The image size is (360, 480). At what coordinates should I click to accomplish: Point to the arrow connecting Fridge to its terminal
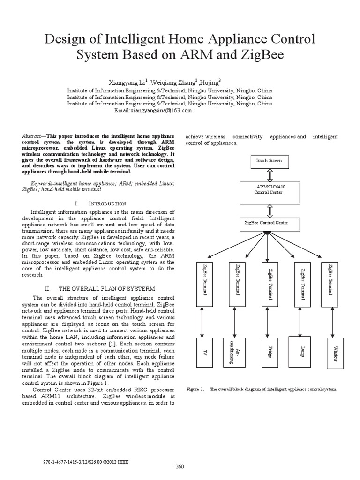tap(267, 319)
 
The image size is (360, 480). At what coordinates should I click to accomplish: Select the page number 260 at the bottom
tap(180, 466)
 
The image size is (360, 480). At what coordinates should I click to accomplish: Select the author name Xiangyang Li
tap(128, 82)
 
